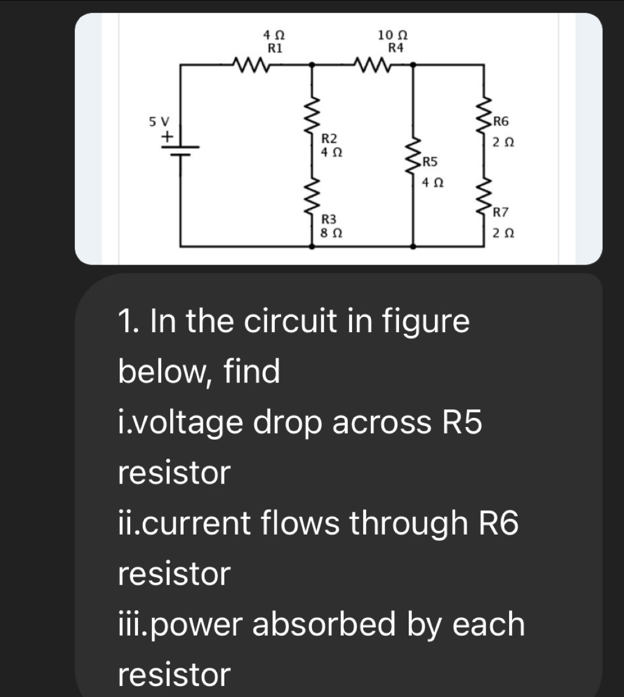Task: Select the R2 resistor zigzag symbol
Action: click(x=313, y=116)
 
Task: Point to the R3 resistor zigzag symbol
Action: click(x=313, y=195)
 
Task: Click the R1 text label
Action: click(x=275, y=46)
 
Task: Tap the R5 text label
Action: click(x=430, y=162)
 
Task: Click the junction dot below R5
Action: click(x=414, y=246)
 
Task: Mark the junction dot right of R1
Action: click(x=313, y=63)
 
